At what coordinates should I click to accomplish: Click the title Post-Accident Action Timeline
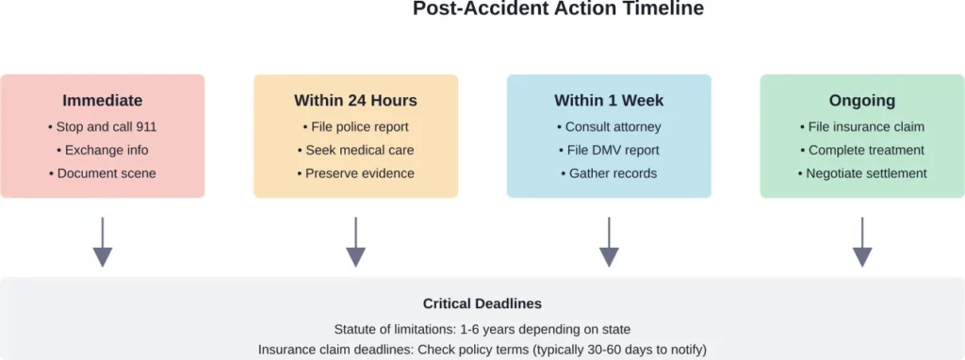click(558, 9)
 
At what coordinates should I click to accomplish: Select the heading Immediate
click(103, 100)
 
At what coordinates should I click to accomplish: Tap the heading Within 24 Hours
click(355, 100)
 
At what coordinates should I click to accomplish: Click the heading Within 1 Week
click(609, 100)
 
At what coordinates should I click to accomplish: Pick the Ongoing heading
click(862, 100)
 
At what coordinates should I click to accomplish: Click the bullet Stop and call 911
click(103, 126)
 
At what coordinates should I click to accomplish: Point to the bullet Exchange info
click(103, 150)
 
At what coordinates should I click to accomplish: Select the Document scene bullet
click(103, 173)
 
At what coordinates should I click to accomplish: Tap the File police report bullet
click(355, 126)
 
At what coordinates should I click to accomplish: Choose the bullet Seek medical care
click(355, 150)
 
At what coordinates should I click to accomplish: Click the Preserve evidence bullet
click(355, 173)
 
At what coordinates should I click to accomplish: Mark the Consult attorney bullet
click(609, 126)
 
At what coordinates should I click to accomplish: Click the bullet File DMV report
click(609, 150)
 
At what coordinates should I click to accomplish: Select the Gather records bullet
click(609, 173)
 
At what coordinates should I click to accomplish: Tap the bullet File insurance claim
click(862, 126)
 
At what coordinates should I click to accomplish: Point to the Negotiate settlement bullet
click(862, 173)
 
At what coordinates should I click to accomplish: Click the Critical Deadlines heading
click(482, 304)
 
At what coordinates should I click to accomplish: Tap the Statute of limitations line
click(482, 329)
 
